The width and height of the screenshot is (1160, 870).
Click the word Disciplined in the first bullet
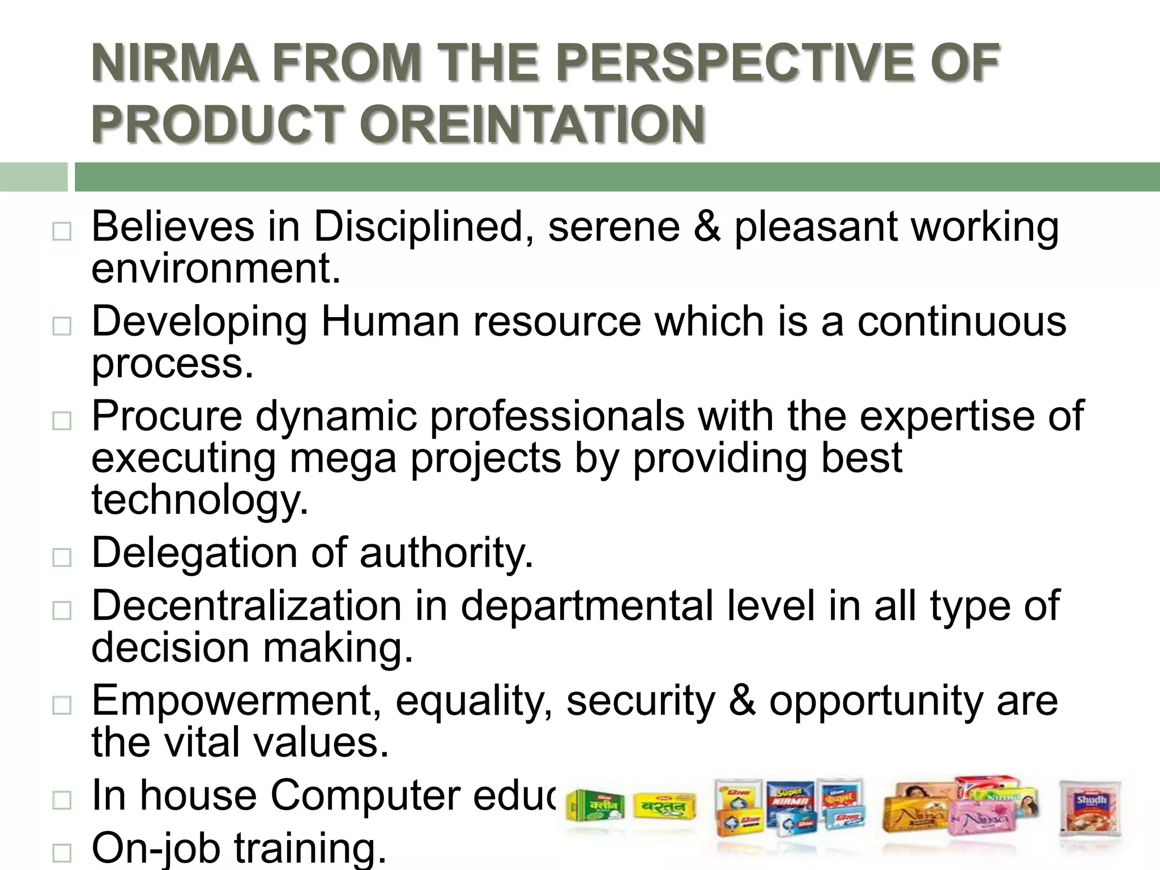click(x=416, y=227)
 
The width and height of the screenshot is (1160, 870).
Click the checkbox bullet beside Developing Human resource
click(x=61, y=327)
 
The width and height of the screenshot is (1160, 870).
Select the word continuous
click(x=961, y=322)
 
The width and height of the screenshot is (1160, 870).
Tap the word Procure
click(x=167, y=416)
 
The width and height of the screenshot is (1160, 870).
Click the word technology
click(x=200, y=500)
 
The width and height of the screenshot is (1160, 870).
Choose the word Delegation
click(x=194, y=553)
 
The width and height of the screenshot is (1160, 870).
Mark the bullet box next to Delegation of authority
click(x=61, y=558)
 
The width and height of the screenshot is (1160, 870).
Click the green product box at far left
click(x=595, y=807)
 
